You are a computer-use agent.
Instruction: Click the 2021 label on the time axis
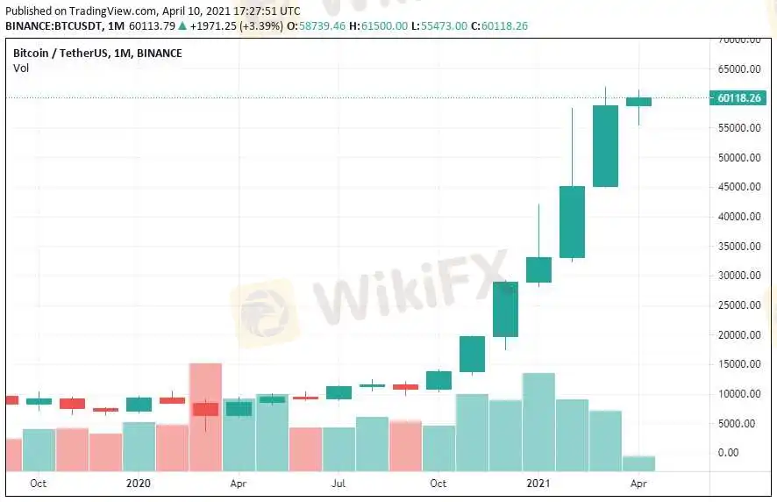[x=538, y=483]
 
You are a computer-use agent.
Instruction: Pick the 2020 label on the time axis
[x=139, y=483]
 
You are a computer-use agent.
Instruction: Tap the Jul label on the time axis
[x=339, y=483]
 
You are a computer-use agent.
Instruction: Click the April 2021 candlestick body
[x=638, y=101]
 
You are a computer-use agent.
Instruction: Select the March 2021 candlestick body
[x=605, y=146]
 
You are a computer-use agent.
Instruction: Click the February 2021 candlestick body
[x=572, y=221]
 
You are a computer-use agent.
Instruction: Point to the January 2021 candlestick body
[x=538, y=269]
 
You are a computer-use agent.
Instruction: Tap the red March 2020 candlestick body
[x=205, y=409]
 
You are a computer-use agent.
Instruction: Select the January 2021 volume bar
[x=538, y=423]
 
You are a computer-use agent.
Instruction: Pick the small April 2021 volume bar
[x=638, y=463]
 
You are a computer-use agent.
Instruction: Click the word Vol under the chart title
[x=20, y=68]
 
